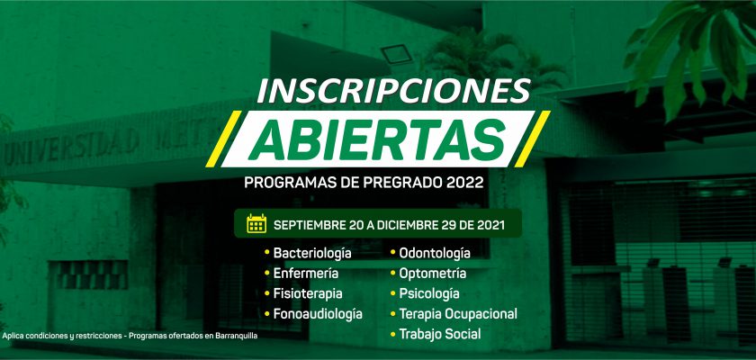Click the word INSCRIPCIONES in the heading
point(394,90)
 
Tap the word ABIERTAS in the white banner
point(377,139)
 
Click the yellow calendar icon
point(256,223)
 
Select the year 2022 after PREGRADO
point(464,183)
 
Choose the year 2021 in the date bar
point(489,225)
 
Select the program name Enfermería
point(306,274)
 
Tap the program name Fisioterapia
point(308,293)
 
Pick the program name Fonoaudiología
point(318,314)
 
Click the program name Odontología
point(435,254)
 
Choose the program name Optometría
point(433,274)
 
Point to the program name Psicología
point(429,294)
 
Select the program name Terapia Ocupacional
point(458,314)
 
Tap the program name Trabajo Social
point(440,334)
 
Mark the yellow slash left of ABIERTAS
point(223,139)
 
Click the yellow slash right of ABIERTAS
point(532,139)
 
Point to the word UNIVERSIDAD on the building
point(71,147)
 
